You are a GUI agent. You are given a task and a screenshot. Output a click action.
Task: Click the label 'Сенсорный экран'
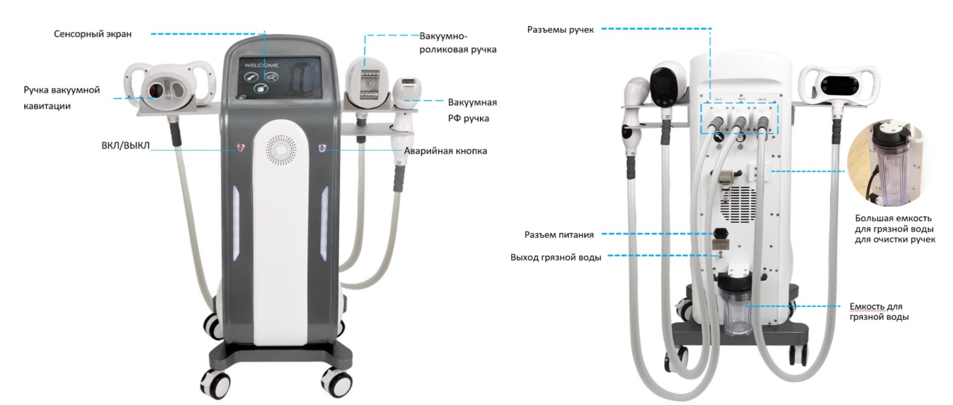(93, 34)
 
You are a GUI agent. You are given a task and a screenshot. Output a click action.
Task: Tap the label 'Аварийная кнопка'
(445, 151)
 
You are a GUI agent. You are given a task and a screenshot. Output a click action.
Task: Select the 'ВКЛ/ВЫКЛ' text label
(126, 145)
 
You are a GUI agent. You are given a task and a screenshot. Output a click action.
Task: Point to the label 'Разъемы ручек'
(561, 30)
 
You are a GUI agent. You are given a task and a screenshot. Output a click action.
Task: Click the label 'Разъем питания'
(559, 235)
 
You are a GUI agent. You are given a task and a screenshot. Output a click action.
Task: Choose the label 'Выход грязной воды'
(556, 258)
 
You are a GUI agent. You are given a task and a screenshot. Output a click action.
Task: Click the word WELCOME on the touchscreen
(261, 65)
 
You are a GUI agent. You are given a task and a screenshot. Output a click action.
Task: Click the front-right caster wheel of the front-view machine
(336, 382)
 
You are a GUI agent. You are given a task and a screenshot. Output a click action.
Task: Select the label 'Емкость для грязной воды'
(879, 312)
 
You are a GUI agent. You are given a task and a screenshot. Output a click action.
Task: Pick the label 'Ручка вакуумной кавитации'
(62, 98)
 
